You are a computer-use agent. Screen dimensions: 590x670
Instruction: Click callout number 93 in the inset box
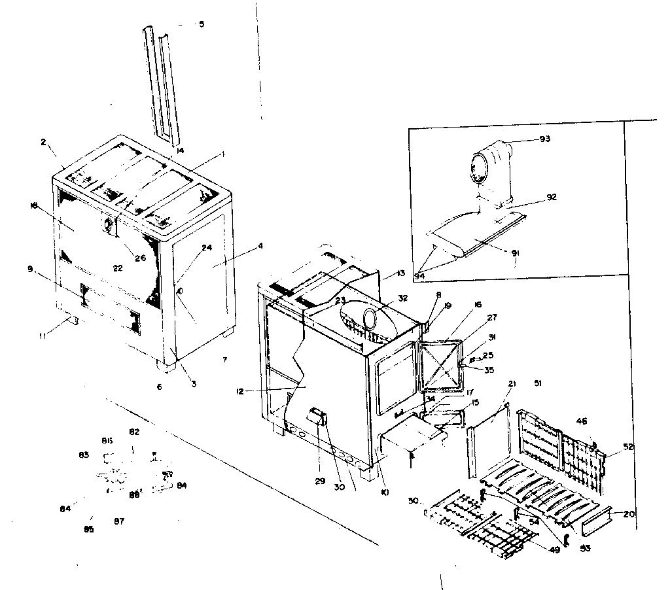click(x=545, y=139)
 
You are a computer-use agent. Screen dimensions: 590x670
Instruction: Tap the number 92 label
click(x=552, y=196)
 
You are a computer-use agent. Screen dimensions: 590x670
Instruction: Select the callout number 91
click(x=516, y=252)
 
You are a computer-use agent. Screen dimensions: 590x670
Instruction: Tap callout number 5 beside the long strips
click(x=201, y=24)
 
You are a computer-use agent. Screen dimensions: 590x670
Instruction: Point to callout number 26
click(x=141, y=257)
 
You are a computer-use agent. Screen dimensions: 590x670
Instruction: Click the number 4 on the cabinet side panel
click(x=260, y=246)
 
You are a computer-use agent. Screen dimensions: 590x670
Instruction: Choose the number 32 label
click(x=402, y=298)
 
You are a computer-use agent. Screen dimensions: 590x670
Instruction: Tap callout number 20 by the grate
click(x=629, y=513)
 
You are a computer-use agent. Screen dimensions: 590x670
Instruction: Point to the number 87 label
click(x=119, y=521)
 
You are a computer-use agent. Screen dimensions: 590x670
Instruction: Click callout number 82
click(x=134, y=432)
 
